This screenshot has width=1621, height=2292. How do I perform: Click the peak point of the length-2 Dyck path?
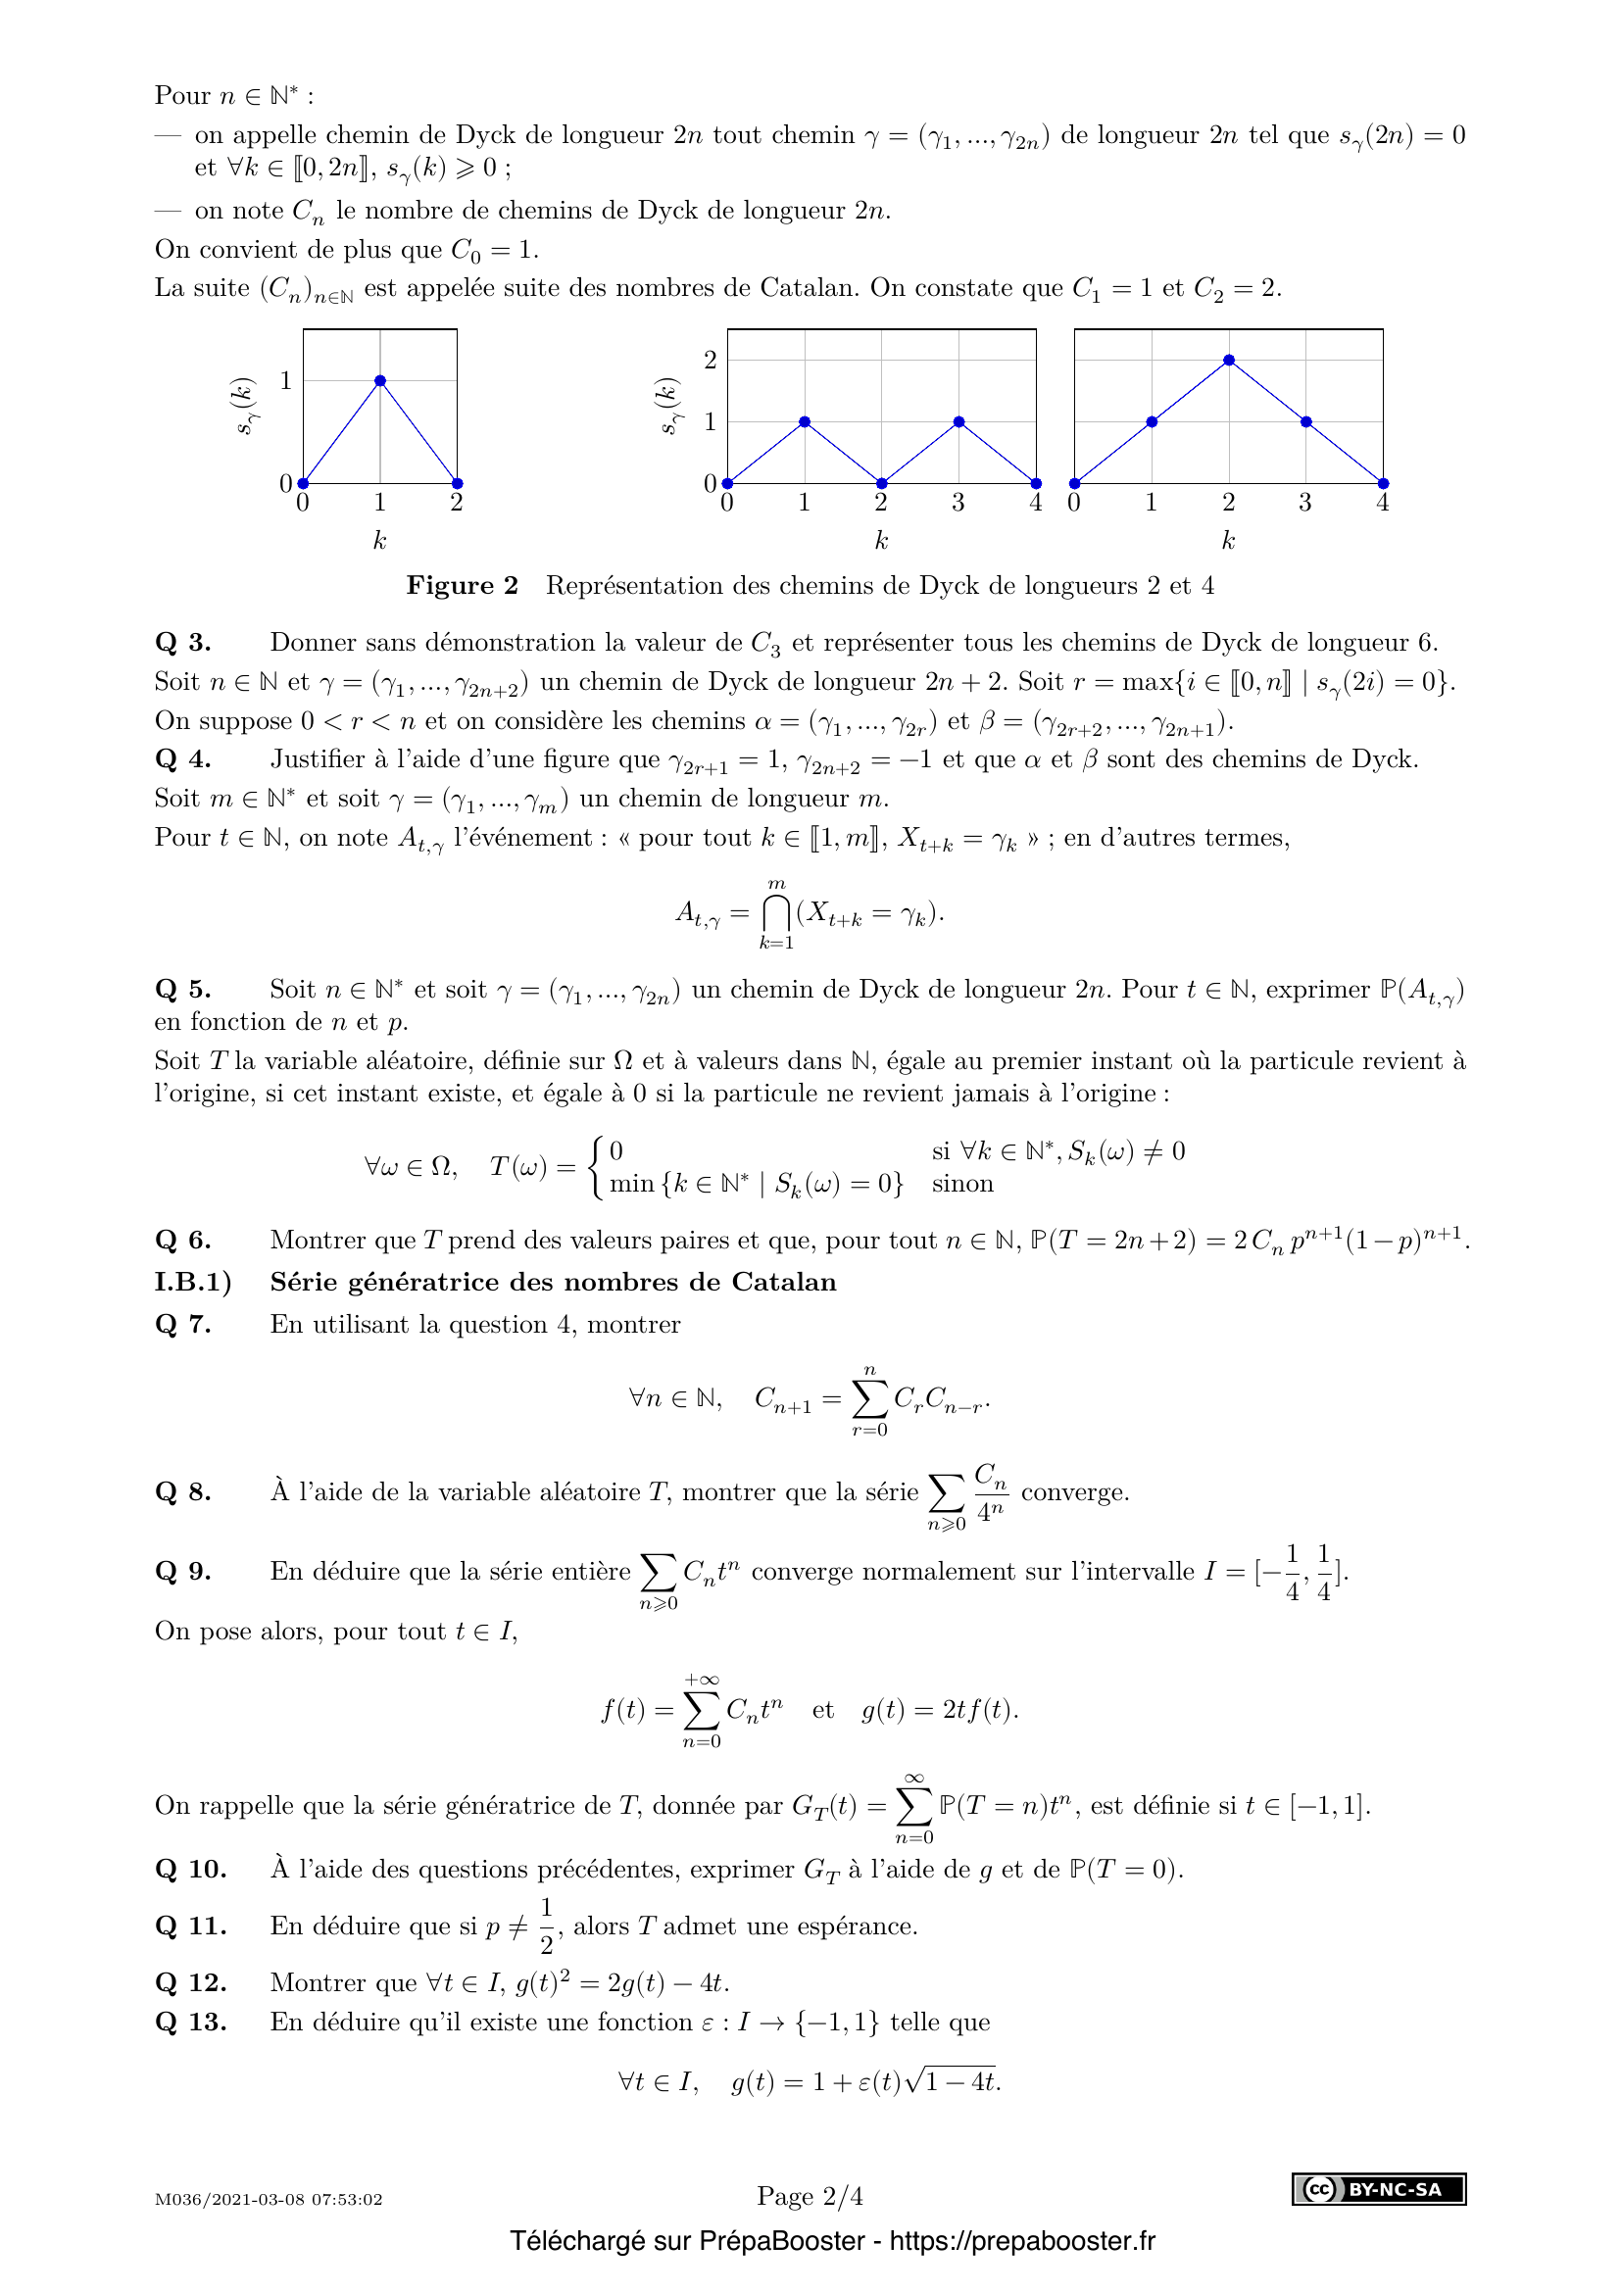tap(380, 380)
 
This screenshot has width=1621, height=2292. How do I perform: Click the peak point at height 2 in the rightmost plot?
tap(1229, 361)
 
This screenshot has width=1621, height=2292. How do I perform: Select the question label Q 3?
tap(182, 643)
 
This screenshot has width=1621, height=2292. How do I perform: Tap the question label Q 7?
tap(182, 1325)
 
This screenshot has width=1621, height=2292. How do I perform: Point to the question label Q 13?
tap(191, 2023)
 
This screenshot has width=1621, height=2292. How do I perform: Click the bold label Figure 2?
tap(463, 586)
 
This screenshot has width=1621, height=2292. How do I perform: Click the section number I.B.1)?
tap(193, 1282)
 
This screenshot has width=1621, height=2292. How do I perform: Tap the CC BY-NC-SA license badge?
tap(1379, 2189)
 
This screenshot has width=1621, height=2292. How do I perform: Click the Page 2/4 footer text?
tap(810, 2196)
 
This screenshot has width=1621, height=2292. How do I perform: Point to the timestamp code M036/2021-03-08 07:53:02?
tap(269, 2199)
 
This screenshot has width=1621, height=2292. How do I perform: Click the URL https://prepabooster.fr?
tap(1022, 2241)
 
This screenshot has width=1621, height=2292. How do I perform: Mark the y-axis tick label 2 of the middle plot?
tap(711, 361)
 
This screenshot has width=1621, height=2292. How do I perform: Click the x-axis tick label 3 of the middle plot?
tap(958, 503)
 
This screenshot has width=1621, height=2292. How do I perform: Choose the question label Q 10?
tap(191, 1870)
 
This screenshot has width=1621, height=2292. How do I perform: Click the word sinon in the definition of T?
tap(962, 1184)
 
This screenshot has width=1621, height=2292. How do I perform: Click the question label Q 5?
tap(182, 990)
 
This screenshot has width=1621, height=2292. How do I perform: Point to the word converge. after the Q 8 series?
tap(1075, 1492)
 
